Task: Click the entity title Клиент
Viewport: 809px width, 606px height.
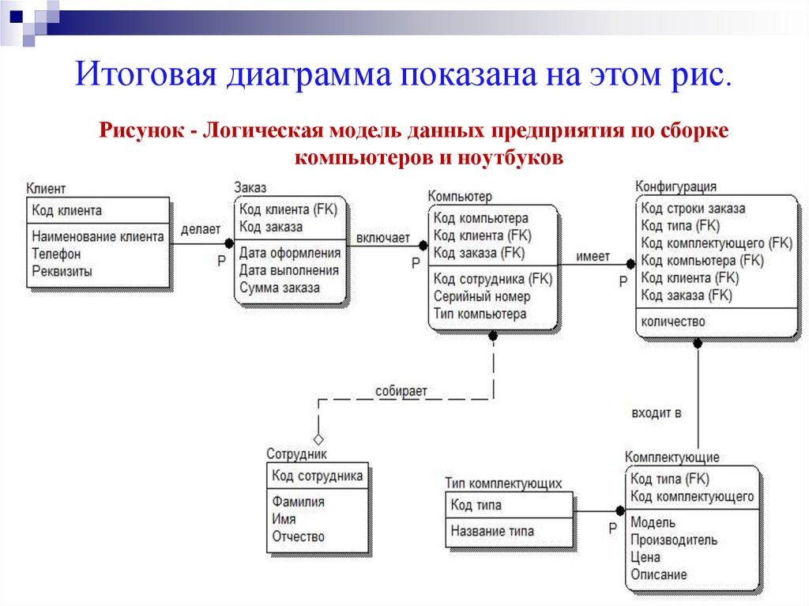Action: coord(46,189)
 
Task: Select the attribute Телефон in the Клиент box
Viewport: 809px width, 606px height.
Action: coord(56,254)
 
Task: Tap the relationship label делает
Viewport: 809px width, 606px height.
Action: coord(200,229)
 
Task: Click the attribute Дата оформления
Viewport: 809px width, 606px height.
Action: coord(290,253)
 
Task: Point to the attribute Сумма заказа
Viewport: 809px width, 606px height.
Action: coord(279,288)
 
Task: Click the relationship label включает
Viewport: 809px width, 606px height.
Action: coord(383,237)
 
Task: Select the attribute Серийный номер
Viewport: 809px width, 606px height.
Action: coord(482,296)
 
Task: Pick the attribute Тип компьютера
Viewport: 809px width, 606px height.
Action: coord(480,314)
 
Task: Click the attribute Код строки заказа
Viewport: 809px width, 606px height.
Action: coord(693,209)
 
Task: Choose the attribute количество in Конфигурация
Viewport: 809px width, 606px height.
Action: coord(673,322)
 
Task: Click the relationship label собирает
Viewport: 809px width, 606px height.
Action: coord(401,390)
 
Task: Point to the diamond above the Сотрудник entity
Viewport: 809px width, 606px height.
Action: coord(318,438)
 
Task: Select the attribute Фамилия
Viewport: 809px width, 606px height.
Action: coord(298,502)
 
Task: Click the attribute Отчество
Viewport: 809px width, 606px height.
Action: coord(298,536)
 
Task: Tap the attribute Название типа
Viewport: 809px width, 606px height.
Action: coord(492,532)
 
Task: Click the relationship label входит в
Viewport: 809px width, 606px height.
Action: coord(657,412)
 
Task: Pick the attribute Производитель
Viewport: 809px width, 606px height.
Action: coord(674,540)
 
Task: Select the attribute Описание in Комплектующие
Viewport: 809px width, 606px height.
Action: coord(659,574)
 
